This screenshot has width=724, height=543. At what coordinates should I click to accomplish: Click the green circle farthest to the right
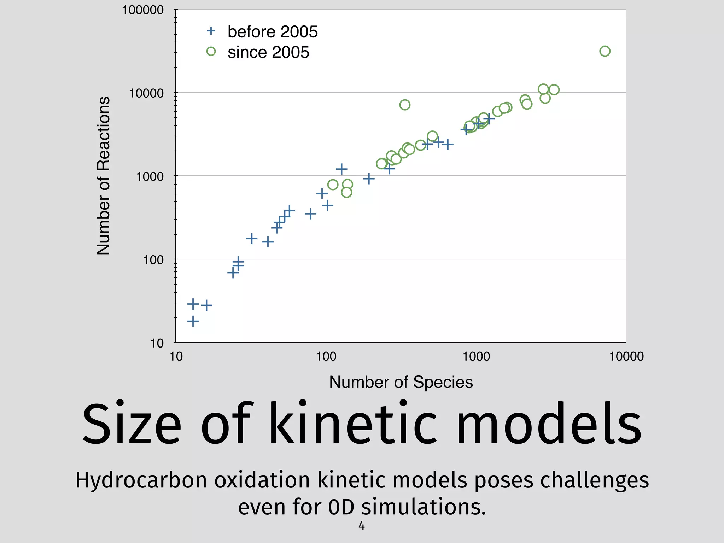tap(605, 51)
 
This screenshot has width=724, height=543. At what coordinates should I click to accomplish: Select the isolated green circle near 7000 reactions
tap(405, 105)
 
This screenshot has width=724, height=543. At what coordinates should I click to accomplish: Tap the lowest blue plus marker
tap(193, 321)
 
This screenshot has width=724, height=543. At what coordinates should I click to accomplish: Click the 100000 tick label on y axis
tap(143, 10)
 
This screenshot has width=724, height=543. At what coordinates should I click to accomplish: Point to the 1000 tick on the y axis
tap(150, 176)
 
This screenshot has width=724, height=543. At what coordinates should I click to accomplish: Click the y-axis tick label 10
tap(157, 343)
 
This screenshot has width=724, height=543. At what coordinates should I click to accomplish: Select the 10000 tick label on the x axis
tap(626, 356)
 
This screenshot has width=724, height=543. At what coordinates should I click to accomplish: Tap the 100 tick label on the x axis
tap(326, 356)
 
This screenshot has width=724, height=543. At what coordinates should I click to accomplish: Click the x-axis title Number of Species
tap(401, 382)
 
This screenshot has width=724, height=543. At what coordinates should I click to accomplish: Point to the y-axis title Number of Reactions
tap(103, 176)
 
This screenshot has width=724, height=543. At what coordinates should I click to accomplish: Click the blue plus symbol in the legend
tap(211, 31)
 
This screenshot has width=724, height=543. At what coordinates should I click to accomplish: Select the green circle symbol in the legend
tap(211, 52)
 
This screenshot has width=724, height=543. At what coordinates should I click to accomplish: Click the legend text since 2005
tap(268, 52)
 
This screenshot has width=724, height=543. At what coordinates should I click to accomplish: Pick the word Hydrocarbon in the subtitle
tap(141, 480)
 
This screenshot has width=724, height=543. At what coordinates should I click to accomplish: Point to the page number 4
tap(361, 526)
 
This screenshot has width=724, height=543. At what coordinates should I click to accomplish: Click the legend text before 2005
tap(273, 32)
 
